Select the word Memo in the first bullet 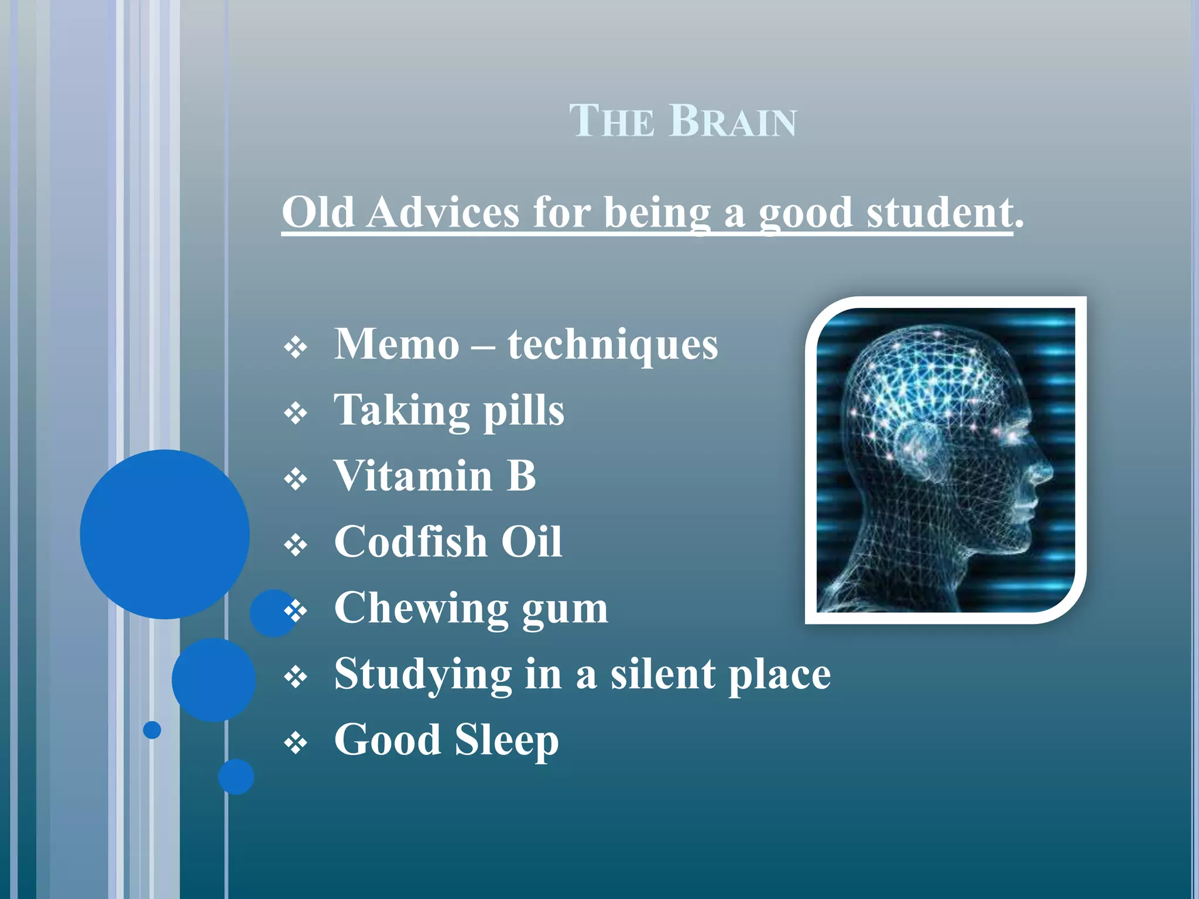coord(396,344)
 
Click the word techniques coord(612,345)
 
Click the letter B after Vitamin coord(521,475)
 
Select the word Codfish coord(410,541)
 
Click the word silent coord(663,674)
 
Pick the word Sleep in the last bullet coord(506,741)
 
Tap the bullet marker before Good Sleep coord(296,744)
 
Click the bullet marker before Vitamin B coord(296,479)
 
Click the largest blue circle coord(165,534)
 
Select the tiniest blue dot coord(152,730)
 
